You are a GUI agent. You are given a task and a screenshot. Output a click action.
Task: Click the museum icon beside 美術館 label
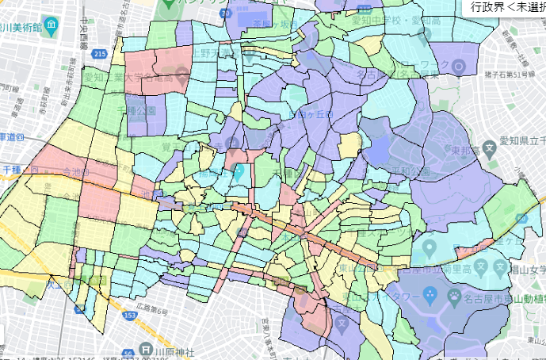[x=51, y=25]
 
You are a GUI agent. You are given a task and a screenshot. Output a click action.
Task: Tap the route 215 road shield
[x=98, y=54]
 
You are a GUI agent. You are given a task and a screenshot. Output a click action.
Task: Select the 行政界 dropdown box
[x=505, y=7]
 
